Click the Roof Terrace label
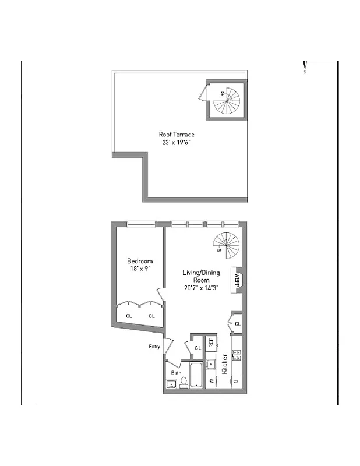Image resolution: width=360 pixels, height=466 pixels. pos(177,135)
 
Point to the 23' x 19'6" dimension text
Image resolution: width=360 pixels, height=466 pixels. pos(177,142)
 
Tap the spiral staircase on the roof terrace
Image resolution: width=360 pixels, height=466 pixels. pos(226,100)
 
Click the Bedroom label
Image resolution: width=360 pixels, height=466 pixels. pos(140,261)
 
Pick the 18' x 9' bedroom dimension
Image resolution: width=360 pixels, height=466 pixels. pos(140,269)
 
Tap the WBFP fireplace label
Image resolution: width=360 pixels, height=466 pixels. pos(237,280)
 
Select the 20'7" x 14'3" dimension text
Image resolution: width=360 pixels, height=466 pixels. pos(196,287)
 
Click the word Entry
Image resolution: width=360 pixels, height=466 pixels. pos(154,347)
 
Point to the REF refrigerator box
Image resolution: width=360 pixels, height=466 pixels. pos(211,343)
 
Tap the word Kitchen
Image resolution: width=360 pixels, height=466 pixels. pos(224,364)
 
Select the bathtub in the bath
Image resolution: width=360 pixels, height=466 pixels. pos(195,375)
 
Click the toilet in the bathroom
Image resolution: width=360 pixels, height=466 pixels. pos(183,382)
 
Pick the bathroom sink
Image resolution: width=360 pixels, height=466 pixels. pos(172,383)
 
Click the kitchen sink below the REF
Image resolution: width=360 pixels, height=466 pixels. pos(211,365)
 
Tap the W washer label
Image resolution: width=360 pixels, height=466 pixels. pos(211,382)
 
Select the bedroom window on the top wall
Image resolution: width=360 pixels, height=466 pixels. pos(142,223)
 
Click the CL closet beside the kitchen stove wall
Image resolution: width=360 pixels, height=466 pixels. pos(237,324)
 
